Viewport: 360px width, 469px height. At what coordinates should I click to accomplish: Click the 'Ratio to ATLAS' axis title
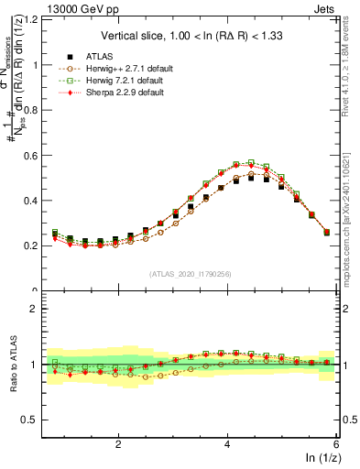[14, 365]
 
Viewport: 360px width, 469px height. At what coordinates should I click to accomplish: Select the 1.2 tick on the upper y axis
[34, 19]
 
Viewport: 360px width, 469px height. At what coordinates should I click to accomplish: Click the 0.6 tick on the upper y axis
[34, 155]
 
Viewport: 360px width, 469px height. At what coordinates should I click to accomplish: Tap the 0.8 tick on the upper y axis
[34, 110]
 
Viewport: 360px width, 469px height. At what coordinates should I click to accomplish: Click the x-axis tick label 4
[227, 443]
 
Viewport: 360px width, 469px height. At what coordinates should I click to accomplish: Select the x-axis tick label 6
[336, 443]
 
